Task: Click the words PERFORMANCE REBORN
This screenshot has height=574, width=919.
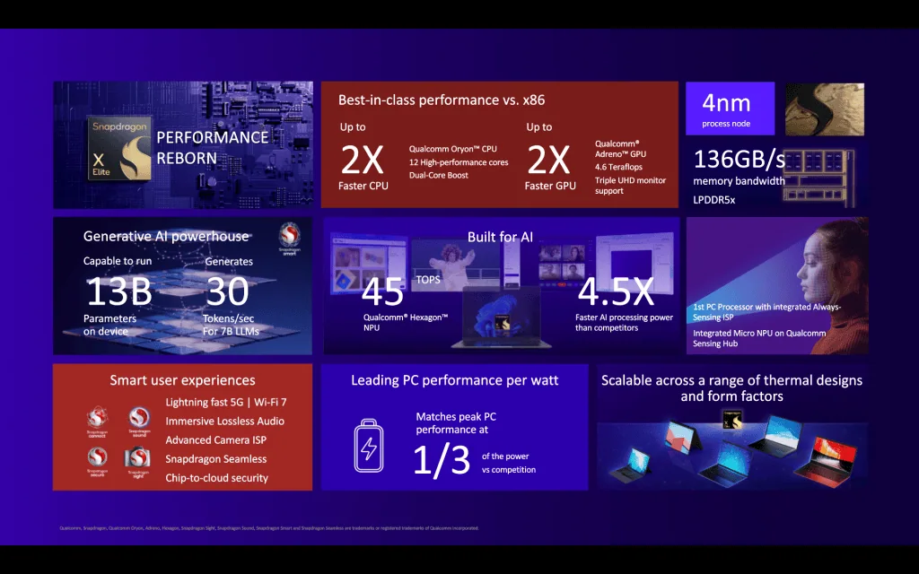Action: point(212,148)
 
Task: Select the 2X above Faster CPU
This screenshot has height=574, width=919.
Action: point(363,160)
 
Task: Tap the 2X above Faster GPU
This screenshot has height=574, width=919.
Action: point(548,160)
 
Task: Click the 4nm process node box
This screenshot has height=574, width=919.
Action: point(730,109)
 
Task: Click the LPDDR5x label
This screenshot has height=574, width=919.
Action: point(714,200)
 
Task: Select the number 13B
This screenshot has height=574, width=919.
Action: point(119,291)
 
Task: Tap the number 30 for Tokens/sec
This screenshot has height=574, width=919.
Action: point(227,291)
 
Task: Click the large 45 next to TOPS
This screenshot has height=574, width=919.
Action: point(383,292)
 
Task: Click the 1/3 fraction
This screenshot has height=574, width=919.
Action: point(442,458)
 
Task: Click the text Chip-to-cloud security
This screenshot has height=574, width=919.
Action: point(216,478)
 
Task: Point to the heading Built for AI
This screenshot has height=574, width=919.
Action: point(500,237)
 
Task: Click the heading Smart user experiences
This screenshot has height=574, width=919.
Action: point(182,380)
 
